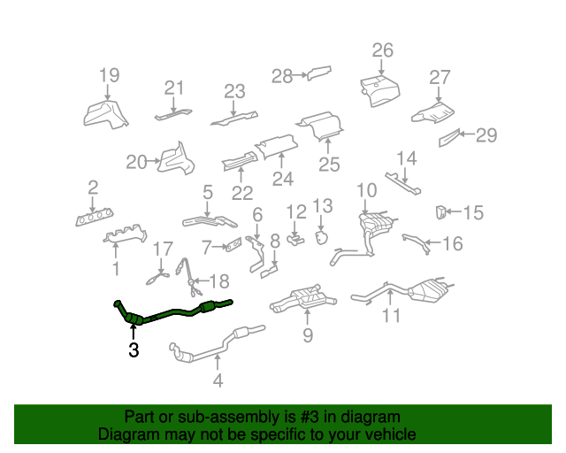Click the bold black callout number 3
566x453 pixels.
pos(134,349)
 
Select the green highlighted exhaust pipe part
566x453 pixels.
pos(173,312)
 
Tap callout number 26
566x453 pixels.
pos(383,50)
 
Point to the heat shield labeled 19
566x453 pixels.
pos(105,115)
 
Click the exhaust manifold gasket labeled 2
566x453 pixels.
pos(95,217)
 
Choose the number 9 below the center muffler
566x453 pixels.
pos(308,335)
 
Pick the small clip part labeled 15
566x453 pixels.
pos(440,212)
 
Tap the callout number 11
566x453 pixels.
pos(391,315)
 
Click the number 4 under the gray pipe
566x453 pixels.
pos(218,380)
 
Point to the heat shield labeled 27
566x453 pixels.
pos(432,113)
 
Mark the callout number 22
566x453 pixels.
pos(242,193)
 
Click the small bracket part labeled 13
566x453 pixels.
pos(321,238)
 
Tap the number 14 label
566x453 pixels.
pos(407,158)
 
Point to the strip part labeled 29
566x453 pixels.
pos(449,138)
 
